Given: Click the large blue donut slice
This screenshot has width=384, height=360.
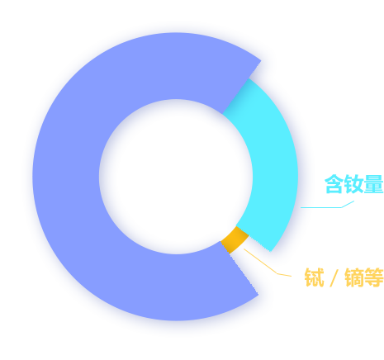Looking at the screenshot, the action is coord(66,176).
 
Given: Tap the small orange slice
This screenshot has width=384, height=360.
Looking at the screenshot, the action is coord(234,239).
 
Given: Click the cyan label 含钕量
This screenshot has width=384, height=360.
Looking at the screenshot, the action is coord(354,184).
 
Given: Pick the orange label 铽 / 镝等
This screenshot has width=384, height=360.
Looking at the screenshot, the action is coord(344,277).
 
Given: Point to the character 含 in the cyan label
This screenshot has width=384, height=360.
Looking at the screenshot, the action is coord(334,184).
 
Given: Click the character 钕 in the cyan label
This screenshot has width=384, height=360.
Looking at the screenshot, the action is coord(354,184).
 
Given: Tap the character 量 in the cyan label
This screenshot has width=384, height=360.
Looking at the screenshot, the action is coord(373,184).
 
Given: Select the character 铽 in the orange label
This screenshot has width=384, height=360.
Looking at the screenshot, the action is coord(314,277).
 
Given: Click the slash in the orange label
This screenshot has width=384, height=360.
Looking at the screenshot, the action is coord(334,277).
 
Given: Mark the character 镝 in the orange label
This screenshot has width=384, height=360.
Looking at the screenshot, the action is coord(354,277).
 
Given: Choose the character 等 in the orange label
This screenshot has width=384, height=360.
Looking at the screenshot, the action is coord(374,277).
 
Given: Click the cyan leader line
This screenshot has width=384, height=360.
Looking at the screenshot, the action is coord(328,207).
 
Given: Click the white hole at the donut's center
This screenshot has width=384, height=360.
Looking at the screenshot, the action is coord(176,177).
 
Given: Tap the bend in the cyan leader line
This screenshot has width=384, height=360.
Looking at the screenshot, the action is coord(342,207).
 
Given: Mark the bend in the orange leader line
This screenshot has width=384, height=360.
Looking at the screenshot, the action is coord(277,274).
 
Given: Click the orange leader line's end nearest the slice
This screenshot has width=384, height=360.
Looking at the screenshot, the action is coord(244,249).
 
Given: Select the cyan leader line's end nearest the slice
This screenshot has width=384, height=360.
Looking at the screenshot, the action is coord(301,207).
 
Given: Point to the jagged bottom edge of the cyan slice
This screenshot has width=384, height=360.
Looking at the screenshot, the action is coord(258,243).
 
